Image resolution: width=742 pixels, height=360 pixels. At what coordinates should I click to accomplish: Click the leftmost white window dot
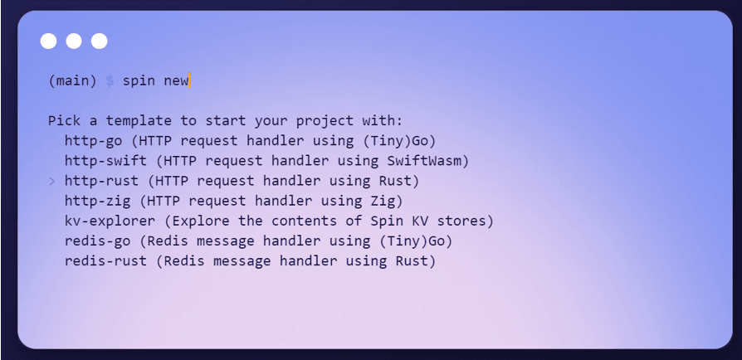point(49,41)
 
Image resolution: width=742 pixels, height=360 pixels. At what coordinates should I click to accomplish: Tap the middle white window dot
point(74,41)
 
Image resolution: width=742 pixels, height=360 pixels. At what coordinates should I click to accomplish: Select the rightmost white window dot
point(100,41)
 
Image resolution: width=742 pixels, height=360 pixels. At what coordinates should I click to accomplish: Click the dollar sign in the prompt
point(110,81)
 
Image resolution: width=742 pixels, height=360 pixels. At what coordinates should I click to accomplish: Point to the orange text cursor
point(188,80)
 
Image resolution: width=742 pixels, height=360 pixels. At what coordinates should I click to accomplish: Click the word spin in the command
point(139,81)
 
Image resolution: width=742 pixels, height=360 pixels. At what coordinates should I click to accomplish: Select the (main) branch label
point(72,81)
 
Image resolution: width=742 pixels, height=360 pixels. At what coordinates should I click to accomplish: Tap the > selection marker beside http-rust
point(52,181)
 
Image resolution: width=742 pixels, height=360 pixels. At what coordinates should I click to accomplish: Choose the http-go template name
point(93,141)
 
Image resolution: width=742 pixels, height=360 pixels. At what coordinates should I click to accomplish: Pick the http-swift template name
point(105,161)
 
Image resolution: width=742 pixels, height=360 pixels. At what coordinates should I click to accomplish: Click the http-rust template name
point(102,181)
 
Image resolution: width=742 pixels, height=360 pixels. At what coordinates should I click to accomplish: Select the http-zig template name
point(97,201)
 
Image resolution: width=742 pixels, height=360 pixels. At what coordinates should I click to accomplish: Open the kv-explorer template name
point(110,221)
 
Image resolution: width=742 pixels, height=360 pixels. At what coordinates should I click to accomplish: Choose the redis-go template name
point(97,241)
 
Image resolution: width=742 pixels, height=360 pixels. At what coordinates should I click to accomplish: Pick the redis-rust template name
point(105,261)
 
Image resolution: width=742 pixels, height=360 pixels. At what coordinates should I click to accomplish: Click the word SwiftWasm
point(424,161)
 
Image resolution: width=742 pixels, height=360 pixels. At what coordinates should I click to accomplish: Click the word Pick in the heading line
point(65,121)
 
